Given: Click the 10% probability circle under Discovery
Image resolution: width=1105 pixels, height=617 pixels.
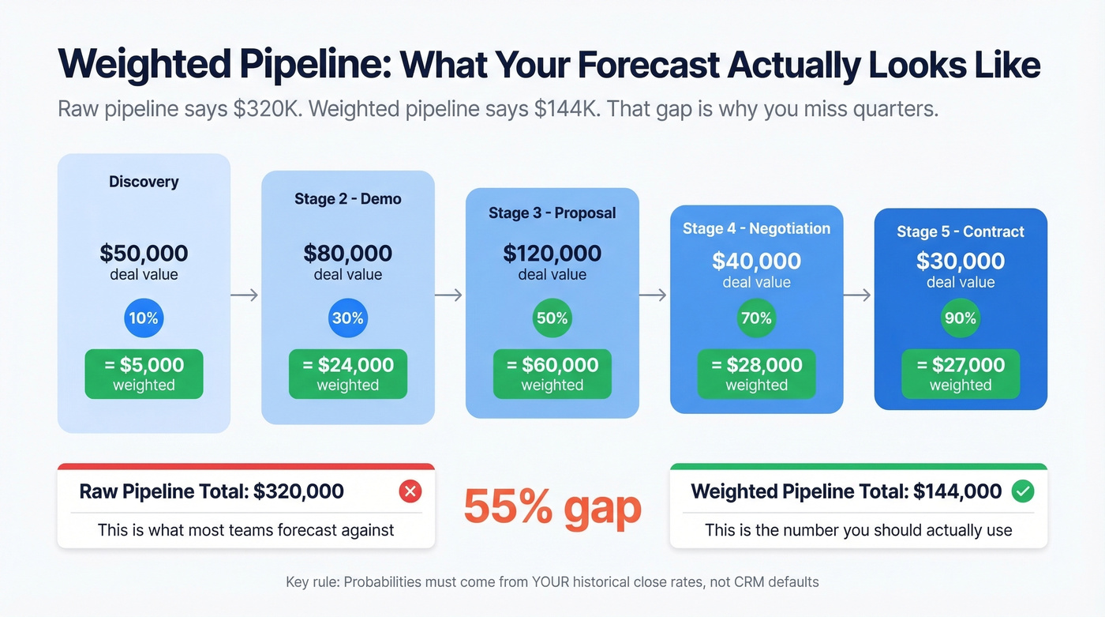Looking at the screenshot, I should (144, 318).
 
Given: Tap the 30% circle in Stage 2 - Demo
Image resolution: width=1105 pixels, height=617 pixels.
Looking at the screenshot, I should (348, 318).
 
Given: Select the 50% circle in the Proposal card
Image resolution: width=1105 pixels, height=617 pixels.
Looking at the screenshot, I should (552, 318).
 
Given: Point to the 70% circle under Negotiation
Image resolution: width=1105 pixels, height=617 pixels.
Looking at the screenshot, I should (756, 318).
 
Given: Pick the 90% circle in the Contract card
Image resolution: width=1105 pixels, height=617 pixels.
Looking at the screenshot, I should (961, 318).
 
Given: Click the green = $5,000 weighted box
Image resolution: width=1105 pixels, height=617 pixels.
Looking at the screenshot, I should (144, 374).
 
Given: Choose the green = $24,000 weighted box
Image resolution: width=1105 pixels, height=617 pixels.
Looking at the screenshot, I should (348, 374).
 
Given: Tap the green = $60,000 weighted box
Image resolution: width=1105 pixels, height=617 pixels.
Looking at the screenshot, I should (552, 374).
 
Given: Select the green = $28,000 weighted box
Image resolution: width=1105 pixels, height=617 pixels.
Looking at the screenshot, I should (756, 374).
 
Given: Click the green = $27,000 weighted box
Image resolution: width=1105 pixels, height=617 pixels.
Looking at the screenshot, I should (961, 374).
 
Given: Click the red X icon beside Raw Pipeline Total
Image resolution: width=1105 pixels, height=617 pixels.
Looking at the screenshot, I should (410, 491).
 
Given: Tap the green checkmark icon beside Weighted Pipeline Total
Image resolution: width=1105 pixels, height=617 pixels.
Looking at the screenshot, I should (1023, 491).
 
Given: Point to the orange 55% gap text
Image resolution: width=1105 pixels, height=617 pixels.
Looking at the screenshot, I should (552, 506).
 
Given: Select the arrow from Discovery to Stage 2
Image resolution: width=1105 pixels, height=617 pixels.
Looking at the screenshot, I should (245, 295).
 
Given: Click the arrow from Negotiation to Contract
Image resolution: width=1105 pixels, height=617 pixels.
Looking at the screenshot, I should (858, 295).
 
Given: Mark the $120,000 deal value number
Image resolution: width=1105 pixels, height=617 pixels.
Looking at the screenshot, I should (552, 254).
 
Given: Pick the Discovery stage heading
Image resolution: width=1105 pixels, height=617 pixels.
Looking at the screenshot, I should (144, 182).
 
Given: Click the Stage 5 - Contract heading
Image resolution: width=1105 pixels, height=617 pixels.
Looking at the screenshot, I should (961, 231).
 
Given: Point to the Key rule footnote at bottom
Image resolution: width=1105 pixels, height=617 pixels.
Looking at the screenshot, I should (552, 582).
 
